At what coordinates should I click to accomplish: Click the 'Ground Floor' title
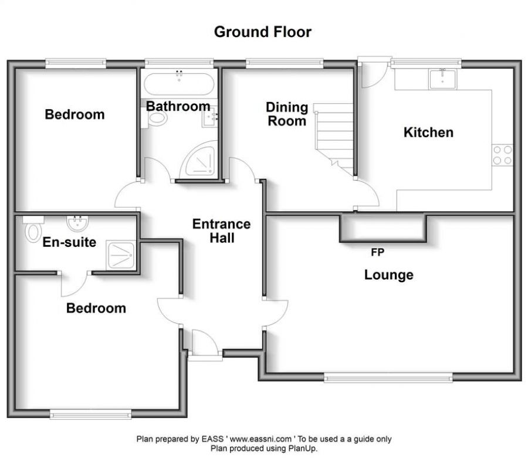pos(263,32)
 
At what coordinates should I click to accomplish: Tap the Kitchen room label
pos(428,133)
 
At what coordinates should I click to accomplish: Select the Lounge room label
pos(388,275)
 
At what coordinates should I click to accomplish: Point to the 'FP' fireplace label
pos(377,252)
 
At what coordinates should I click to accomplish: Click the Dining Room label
pos(287,114)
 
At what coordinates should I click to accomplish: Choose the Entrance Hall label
pos(222,231)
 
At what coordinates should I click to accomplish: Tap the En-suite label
pos(69,242)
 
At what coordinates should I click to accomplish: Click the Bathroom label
pos(178,106)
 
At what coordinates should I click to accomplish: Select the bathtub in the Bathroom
pos(179,84)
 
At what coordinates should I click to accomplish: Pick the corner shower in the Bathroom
pos(198,160)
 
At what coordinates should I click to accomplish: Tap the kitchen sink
pos(443,79)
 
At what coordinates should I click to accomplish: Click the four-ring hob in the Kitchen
pos(502,155)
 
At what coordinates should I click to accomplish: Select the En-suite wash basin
pos(78,223)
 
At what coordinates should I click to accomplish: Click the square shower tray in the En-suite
pos(121,255)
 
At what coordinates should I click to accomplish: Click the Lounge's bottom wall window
pos(388,378)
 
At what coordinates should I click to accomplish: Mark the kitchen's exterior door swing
pos(374,74)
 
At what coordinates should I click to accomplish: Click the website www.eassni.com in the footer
pos(260,439)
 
